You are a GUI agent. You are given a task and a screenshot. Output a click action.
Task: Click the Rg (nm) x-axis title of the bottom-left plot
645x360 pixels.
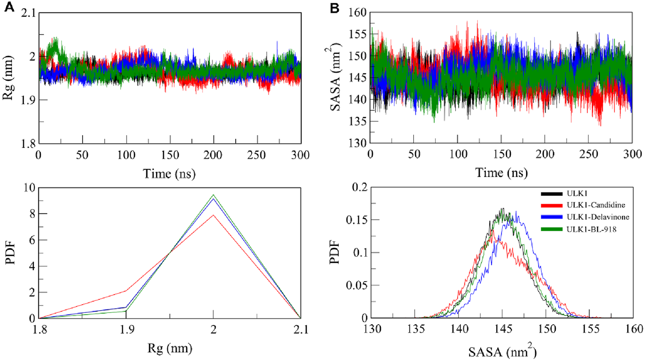click(x=169, y=349)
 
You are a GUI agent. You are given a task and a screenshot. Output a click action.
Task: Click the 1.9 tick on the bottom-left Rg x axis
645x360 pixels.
click(x=126, y=329)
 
